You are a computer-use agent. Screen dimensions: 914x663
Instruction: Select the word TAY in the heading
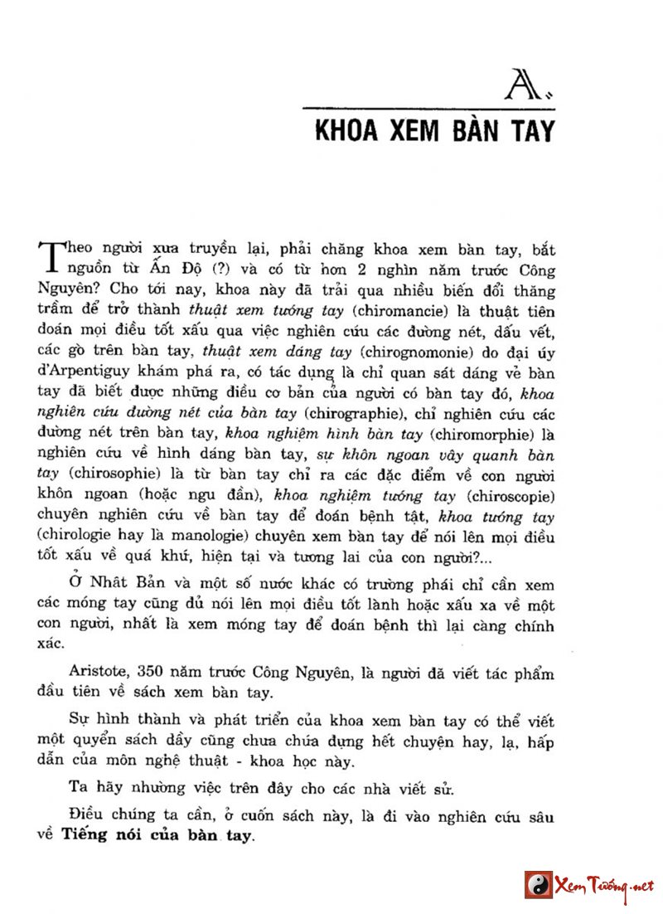click(530, 132)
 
